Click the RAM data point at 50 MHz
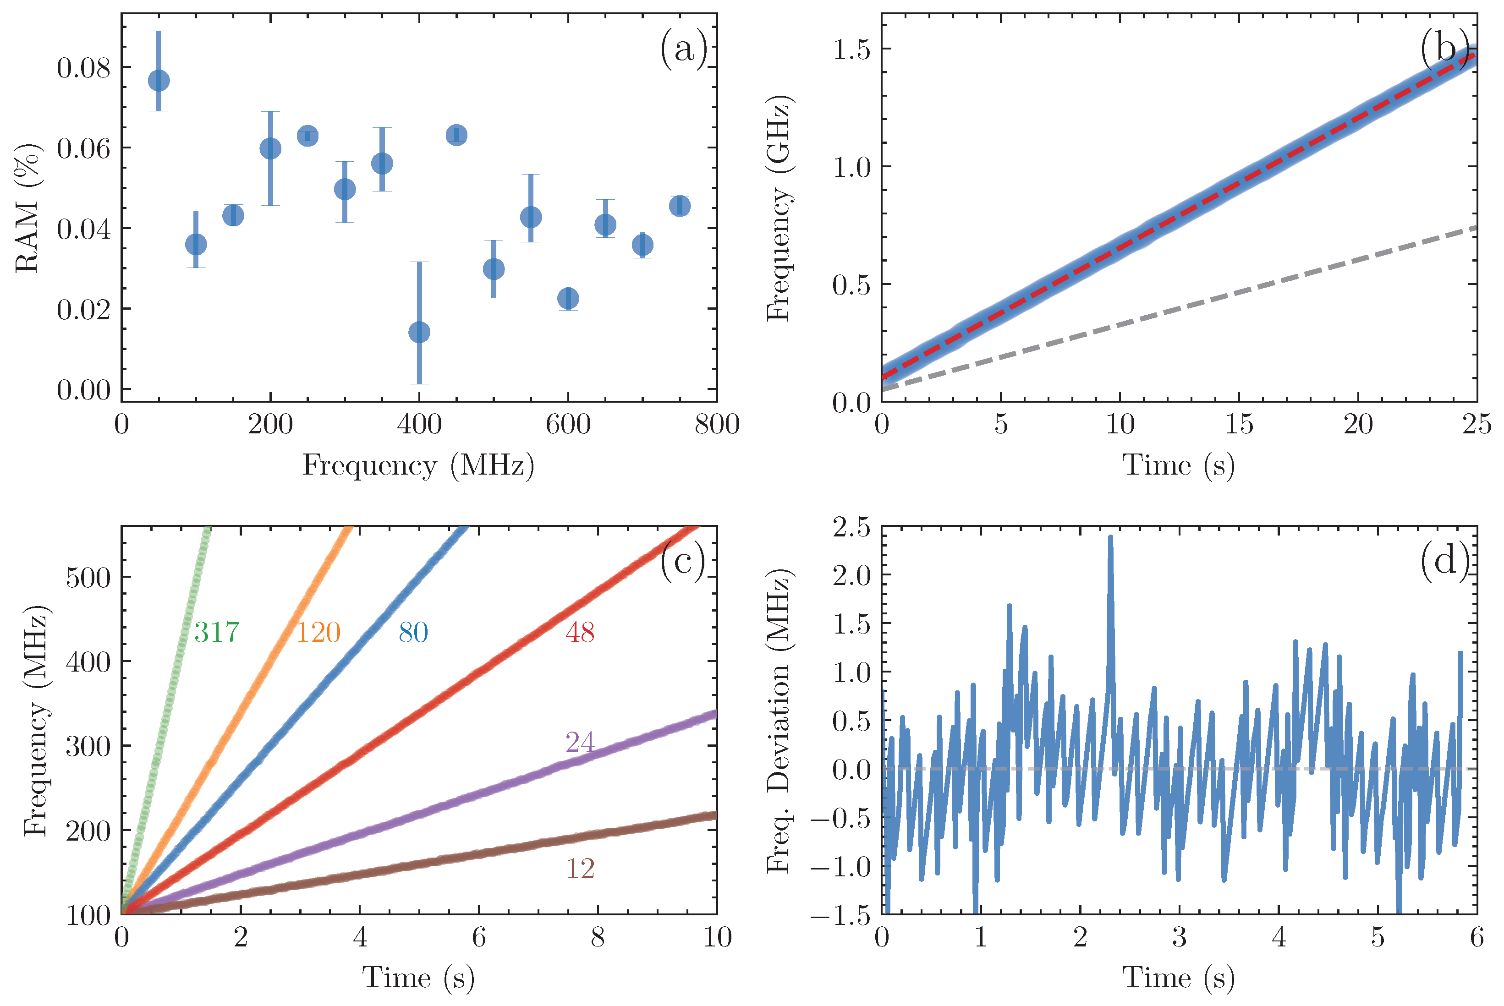click(x=159, y=81)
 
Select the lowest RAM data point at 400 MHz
click(x=419, y=332)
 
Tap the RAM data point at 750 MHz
click(x=680, y=206)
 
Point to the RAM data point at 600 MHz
click(x=568, y=298)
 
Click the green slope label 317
click(x=217, y=633)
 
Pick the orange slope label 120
click(x=318, y=633)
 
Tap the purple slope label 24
click(x=580, y=742)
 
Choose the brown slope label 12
click(x=580, y=869)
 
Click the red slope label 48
click(x=580, y=633)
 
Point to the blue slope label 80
click(x=413, y=633)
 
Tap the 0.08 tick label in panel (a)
click(x=83, y=67)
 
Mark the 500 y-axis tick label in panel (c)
click(x=88, y=577)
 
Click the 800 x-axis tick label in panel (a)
click(x=717, y=424)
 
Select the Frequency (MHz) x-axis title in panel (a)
click(x=418, y=465)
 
